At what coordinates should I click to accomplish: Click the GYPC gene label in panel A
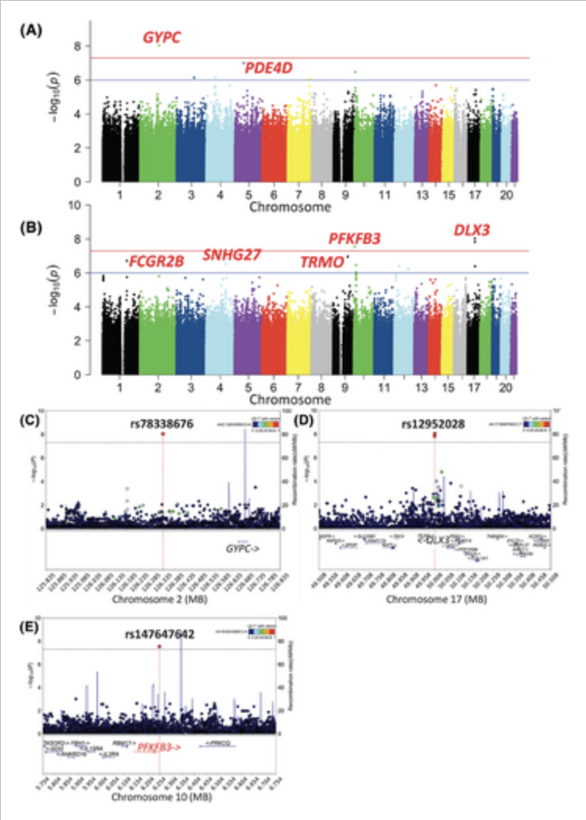pos(161,38)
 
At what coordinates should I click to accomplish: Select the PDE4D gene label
pos(268,68)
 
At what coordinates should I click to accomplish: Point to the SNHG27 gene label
pos(232,255)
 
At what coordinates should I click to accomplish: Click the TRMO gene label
pos(322,262)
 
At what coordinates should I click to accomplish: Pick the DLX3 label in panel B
pos(472,230)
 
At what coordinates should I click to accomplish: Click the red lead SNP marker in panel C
pos(163,434)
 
